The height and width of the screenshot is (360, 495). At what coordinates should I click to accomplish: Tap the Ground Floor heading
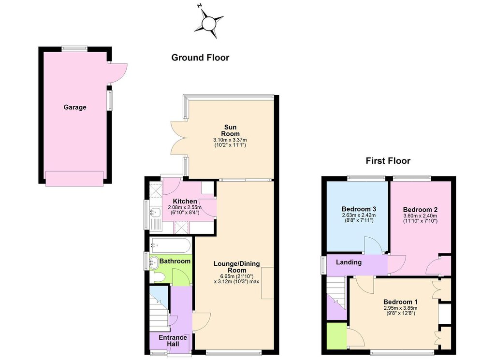pyautogui.click(x=200, y=58)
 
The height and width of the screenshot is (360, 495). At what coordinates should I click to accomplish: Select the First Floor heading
pyautogui.click(x=388, y=160)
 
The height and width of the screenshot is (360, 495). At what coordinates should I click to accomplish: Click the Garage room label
pyautogui.click(x=75, y=107)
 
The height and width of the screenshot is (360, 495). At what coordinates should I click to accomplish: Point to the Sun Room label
pyautogui.click(x=230, y=130)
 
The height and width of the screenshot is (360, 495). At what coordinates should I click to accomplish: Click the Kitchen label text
pyautogui.click(x=185, y=202)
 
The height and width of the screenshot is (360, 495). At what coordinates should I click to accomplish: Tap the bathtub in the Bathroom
pyautogui.click(x=171, y=245)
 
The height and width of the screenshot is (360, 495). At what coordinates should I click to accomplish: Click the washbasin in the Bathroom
pyautogui.click(x=154, y=262)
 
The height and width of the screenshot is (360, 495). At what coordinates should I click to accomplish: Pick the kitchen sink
pyautogui.click(x=155, y=212)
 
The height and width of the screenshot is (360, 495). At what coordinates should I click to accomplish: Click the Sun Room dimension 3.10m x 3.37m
pyautogui.click(x=230, y=140)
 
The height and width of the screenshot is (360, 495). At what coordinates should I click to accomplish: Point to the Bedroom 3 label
pyautogui.click(x=359, y=209)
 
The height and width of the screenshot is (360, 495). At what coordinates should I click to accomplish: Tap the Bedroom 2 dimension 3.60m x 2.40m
pyautogui.click(x=420, y=216)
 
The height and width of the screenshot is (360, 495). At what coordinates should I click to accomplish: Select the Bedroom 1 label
pyautogui.click(x=400, y=302)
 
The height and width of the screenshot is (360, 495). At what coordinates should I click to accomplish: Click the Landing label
pyautogui.click(x=349, y=262)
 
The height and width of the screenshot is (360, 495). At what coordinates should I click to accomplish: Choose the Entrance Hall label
pyautogui.click(x=173, y=341)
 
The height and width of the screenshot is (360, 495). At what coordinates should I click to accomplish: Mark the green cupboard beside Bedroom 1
pyautogui.click(x=336, y=336)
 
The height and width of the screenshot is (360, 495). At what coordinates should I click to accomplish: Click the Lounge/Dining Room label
pyautogui.click(x=237, y=267)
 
